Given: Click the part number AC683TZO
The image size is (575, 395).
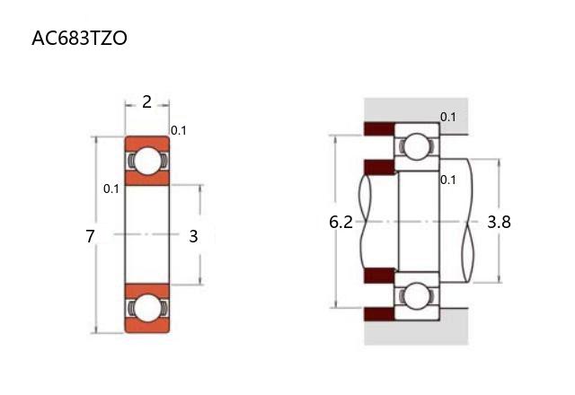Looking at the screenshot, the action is pos(79,38).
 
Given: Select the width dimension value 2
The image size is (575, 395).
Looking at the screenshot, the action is pos(146,101).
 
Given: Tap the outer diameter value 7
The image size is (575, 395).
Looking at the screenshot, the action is pos(90,236).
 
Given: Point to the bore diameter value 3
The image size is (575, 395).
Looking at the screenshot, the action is pos(193,236).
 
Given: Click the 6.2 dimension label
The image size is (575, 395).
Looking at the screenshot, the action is pos(341,222).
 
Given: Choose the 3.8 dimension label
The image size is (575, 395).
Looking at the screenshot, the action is pos(499,222).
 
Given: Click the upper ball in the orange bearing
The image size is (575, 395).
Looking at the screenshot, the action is pos(147,161).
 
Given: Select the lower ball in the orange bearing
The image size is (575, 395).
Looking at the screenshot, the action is pos(147,309).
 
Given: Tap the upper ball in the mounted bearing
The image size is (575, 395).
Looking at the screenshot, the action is pos(417,146).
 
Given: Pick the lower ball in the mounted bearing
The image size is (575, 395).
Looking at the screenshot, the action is pos(416,295).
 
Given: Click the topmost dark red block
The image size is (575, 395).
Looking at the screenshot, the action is pos(379,128).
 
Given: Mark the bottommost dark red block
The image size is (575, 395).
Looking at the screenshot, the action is pos(379,314).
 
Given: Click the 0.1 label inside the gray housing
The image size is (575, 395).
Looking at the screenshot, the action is pos(448,118).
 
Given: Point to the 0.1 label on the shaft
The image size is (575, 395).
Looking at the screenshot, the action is pos(448,180).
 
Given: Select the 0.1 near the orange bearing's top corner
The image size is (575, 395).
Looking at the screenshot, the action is pos(179,130).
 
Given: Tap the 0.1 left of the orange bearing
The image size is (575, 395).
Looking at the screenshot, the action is pos(111,189).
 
